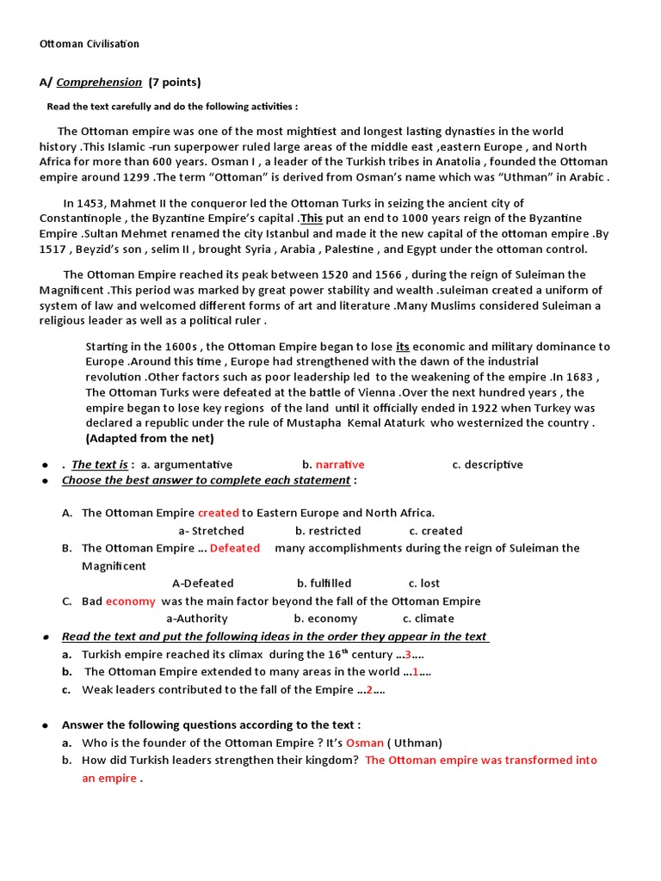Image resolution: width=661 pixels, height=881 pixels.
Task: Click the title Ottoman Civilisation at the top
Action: [90, 44]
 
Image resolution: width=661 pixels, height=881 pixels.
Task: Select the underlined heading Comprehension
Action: [99, 83]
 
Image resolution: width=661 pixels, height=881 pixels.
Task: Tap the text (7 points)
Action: [175, 83]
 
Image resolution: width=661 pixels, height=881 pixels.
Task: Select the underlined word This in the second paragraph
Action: [312, 219]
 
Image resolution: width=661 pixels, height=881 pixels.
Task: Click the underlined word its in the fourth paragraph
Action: [403, 347]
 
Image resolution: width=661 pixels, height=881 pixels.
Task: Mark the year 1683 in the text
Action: [582, 378]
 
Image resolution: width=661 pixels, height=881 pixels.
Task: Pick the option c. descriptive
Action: [487, 465]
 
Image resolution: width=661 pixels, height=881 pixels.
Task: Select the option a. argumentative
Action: [187, 465]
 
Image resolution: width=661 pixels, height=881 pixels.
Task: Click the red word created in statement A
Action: [218, 513]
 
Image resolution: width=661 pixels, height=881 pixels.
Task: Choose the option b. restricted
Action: [328, 531]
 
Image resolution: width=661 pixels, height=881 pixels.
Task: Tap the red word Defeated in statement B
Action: [234, 548]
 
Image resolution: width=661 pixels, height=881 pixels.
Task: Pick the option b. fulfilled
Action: [324, 583]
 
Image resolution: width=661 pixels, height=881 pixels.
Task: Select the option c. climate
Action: [429, 619]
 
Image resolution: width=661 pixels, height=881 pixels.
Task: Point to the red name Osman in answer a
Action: [364, 742]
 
